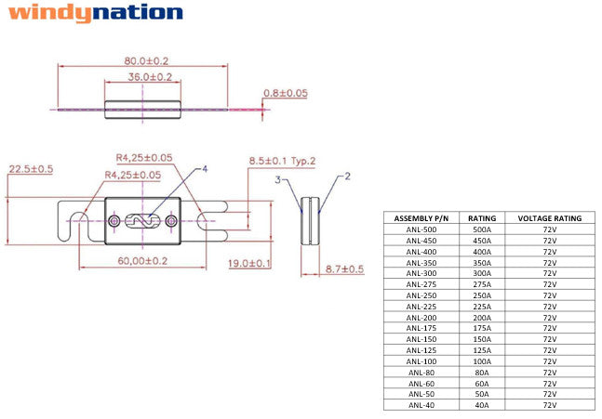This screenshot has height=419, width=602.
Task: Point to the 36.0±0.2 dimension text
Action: (x=150, y=76)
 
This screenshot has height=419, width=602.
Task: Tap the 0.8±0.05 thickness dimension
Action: (x=286, y=93)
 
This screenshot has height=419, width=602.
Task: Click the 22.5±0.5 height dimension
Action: (x=32, y=169)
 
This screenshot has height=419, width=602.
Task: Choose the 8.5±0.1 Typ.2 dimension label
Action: (x=282, y=161)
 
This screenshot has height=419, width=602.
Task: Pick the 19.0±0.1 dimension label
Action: (x=249, y=264)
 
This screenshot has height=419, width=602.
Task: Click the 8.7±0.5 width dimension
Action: (x=344, y=268)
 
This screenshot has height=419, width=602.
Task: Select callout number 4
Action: (x=205, y=169)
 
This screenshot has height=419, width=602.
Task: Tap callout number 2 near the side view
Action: (x=346, y=175)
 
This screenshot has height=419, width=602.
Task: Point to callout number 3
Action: (x=276, y=179)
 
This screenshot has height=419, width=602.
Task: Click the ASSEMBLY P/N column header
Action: (x=421, y=218)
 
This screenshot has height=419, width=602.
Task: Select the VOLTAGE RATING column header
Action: (x=549, y=218)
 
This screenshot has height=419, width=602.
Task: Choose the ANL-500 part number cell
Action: (x=421, y=229)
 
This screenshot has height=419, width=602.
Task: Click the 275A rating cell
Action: (x=481, y=284)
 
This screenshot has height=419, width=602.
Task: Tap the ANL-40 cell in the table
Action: (x=421, y=404)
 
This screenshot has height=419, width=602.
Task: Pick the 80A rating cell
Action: (x=481, y=372)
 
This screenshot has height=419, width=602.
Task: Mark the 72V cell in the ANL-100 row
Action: (x=549, y=360)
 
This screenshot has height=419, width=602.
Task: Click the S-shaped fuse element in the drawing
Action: (x=143, y=221)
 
